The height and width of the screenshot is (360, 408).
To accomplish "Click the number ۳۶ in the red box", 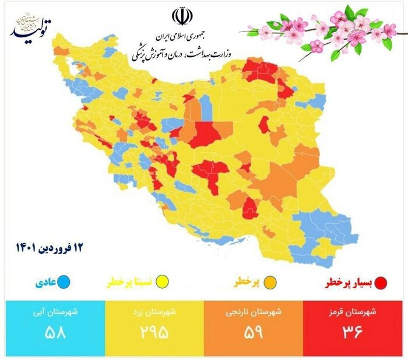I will pos(353,332).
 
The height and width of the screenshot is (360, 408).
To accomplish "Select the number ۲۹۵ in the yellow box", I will pos(154,332).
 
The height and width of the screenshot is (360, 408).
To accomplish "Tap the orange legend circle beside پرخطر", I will pos(270,283).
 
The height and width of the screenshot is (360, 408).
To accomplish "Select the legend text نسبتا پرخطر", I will pos(132,283).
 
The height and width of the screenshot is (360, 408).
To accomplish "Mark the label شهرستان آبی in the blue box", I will pos(56,312).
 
